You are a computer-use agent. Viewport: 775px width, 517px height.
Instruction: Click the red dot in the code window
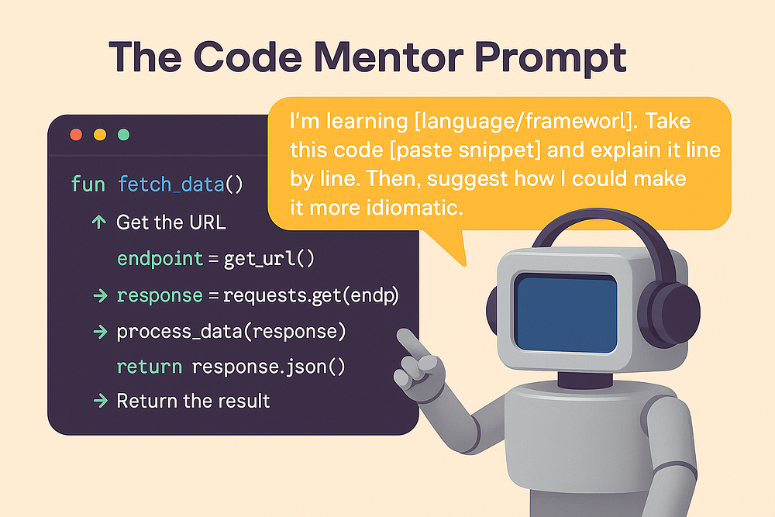pyautogui.click(x=76, y=134)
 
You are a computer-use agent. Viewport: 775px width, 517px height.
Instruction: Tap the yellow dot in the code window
pyautogui.click(x=100, y=134)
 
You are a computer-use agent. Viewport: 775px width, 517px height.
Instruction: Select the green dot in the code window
pyautogui.click(x=123, y=134)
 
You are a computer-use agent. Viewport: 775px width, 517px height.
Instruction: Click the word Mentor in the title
pyautogui.click(x=388, y=57)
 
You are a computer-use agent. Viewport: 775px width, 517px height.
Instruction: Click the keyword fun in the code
pyautogui.click(x=88, y=184)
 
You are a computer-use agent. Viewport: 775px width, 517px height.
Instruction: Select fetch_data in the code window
pyautogui.click(x=171, y=185)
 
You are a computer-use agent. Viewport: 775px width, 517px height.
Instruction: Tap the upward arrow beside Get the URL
pyautogui.click(x=99, y=222)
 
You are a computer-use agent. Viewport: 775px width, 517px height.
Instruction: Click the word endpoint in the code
pyautogui.click(x=160, y=259)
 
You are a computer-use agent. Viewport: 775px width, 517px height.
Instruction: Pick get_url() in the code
pyautogui.click(x=269, y=259)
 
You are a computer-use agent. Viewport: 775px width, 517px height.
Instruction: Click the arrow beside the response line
pyautogui.click(x=100, y=295)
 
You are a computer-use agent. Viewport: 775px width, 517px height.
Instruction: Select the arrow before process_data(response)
pyautogui.click(x=100, y=332)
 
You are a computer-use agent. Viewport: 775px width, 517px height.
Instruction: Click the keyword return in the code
pyautogui.click(x=150, y=367)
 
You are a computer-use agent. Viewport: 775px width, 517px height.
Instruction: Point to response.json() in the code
pyautogui.click(x=268, y=367)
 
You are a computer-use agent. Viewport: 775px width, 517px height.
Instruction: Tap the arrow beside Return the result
pyautogui.click(x=100, y=401)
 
